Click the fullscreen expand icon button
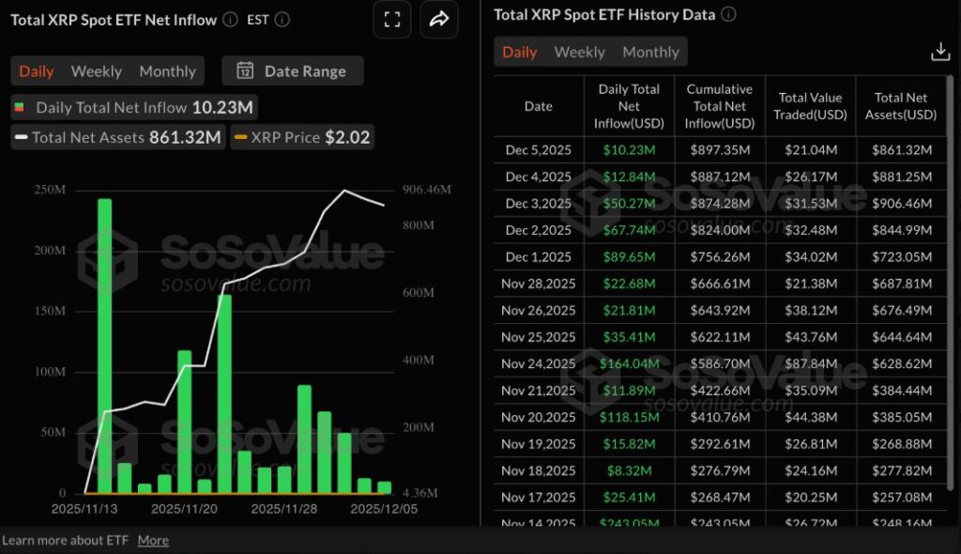point(392,20)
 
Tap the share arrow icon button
point(439,20)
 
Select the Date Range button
point(293,71)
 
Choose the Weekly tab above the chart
point(96,71)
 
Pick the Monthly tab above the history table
point(650,53)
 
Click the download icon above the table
point(940,53)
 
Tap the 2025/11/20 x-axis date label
point(184,508)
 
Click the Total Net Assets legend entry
point(117,137)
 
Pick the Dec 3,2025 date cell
point(538,204)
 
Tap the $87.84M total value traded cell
point(810,364)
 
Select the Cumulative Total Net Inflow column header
point(720,106)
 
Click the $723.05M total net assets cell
point(902,257)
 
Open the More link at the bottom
point(153,540)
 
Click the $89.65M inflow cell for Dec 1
point(629,257)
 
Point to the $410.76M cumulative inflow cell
point(720,418)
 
